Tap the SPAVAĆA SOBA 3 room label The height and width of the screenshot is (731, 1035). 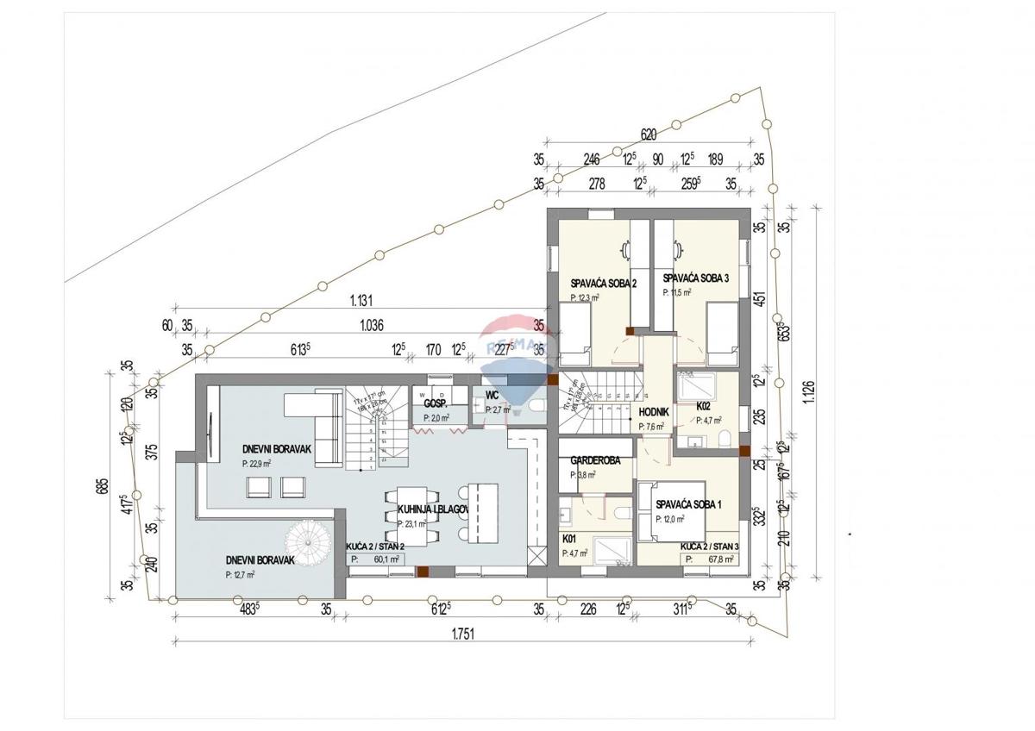(x=696, y=278)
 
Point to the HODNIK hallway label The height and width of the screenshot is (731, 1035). (x=653, y=413)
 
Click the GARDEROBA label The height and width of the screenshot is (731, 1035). (x=596, y=460)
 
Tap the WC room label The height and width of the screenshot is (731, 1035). (x=492, y=397)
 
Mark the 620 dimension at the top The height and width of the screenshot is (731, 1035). (x=649, y=135)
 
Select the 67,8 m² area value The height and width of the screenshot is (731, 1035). (x=719, y=559)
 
